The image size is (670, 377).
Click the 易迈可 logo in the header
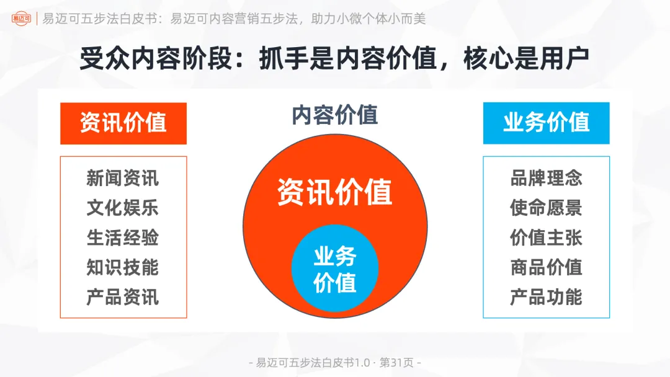[20, 19]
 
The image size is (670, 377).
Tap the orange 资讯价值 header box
[123, 123]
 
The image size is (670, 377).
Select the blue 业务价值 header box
[546, 123]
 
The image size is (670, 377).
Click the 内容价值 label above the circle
[334, 115]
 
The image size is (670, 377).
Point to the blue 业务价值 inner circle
[334, 268]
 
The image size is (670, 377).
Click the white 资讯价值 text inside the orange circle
[334, 192]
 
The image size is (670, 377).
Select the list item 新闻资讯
[123, 179]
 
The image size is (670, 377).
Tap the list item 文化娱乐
[123, 208]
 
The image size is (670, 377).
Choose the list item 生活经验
[123, 237]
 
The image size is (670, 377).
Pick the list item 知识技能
[123, 267]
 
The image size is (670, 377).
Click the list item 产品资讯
[123, 297]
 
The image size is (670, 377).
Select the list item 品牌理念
[546, 179]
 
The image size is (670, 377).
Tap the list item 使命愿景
[546, 208]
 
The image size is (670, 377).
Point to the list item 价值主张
[546, 237]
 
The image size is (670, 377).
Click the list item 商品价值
[546, 267]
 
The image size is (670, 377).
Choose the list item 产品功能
[546, 297]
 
